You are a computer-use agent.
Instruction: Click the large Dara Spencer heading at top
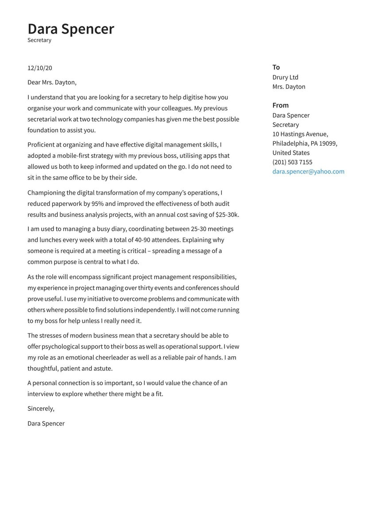click(x=71, y=29)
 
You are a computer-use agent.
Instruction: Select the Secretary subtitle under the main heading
click(x=39, y=40)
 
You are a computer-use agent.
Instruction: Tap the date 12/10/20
click(x=40, y=68)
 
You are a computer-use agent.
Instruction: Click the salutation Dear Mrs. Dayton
click(x=52, y=82)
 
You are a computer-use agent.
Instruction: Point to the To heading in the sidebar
click(x=276, y=67)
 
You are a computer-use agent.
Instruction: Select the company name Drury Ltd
click(x=285, y=77)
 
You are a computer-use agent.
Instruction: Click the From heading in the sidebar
click(x=280, y=105)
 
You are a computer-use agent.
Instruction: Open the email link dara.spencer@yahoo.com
click(x=308, y=172)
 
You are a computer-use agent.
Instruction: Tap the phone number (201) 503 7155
click(x=292, y=162)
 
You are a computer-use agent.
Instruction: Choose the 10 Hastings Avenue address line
click(x=300, y=134)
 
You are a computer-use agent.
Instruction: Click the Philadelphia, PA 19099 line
click(x=305, y=143)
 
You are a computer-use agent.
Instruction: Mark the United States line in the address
click(x=291, y=153)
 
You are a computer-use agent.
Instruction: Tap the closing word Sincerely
click(x=41, y=409)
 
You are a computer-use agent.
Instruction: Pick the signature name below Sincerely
click(x=46, y=424)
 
